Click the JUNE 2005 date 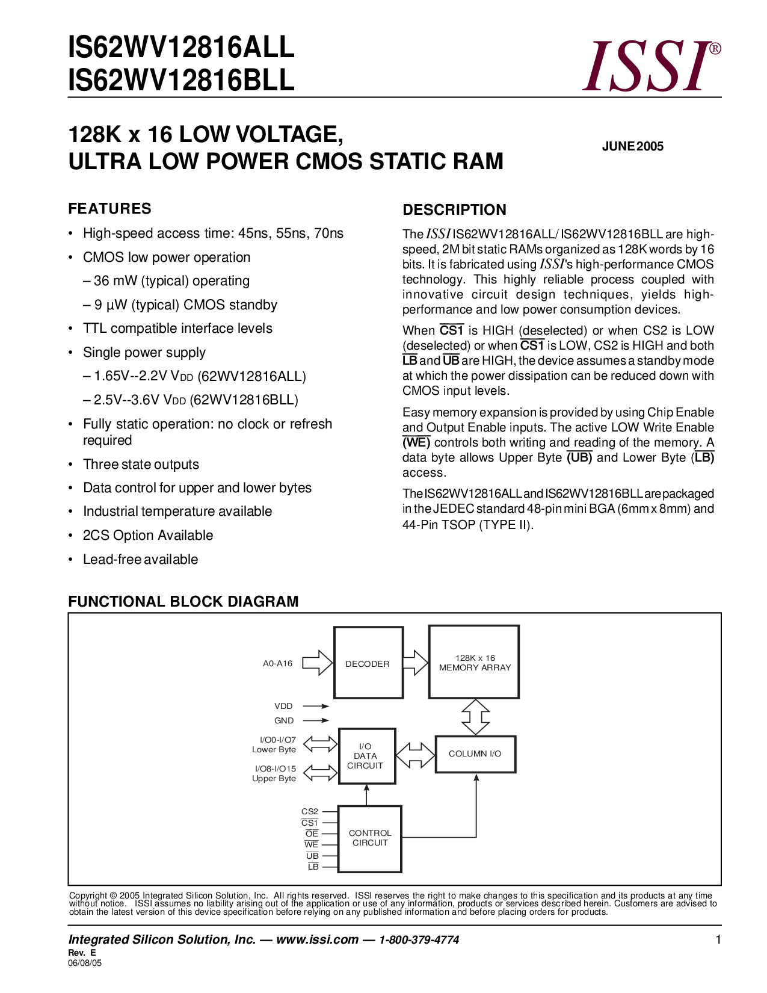coord(632,146)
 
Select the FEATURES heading coord(109,209)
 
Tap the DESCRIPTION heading coord(454,210)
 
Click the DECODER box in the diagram coord(368,663)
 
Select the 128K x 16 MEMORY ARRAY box coord(474,662)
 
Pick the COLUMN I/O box coord(475,753)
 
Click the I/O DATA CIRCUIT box coord(366,756)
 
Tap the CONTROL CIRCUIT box coord(369,838)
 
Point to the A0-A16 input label coord(277,663)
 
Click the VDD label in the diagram coord(283,706)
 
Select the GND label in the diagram coord(284,720)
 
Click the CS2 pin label coord(310,812)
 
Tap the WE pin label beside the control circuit coord(311,844)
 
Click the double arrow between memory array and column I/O coord(475,717)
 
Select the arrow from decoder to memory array coord(415,663)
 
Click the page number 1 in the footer coord(718,939)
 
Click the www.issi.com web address coord(317,939)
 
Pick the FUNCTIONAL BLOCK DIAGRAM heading coord(183,602)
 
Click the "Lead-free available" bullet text coord(140,559)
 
